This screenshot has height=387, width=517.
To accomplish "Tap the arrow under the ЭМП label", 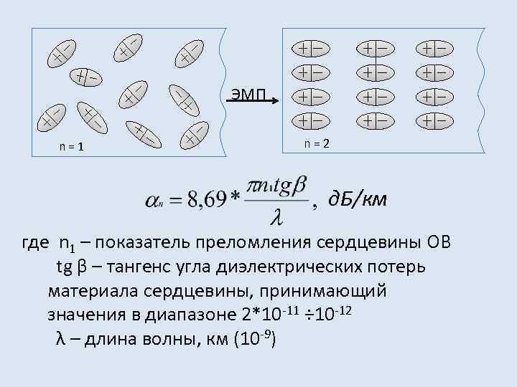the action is (254, 102).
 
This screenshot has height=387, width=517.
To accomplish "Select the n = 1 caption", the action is (73, 148).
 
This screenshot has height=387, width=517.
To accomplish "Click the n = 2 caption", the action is (316, 143).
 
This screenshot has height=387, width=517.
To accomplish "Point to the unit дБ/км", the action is (356, 199).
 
